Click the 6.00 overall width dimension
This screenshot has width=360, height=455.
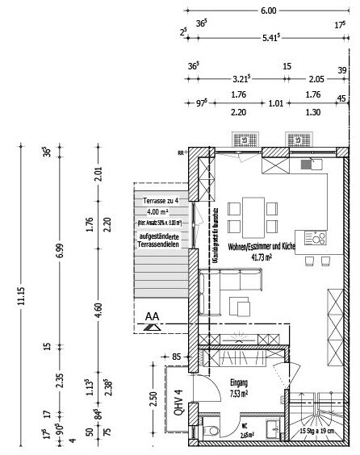268,11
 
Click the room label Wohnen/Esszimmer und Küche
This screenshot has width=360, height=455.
260,247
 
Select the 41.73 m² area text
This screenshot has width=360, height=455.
260,257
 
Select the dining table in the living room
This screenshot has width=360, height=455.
249,215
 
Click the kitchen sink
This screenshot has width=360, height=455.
306,165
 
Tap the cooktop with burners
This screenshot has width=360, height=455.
316,237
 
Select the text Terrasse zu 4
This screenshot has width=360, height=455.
160,200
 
